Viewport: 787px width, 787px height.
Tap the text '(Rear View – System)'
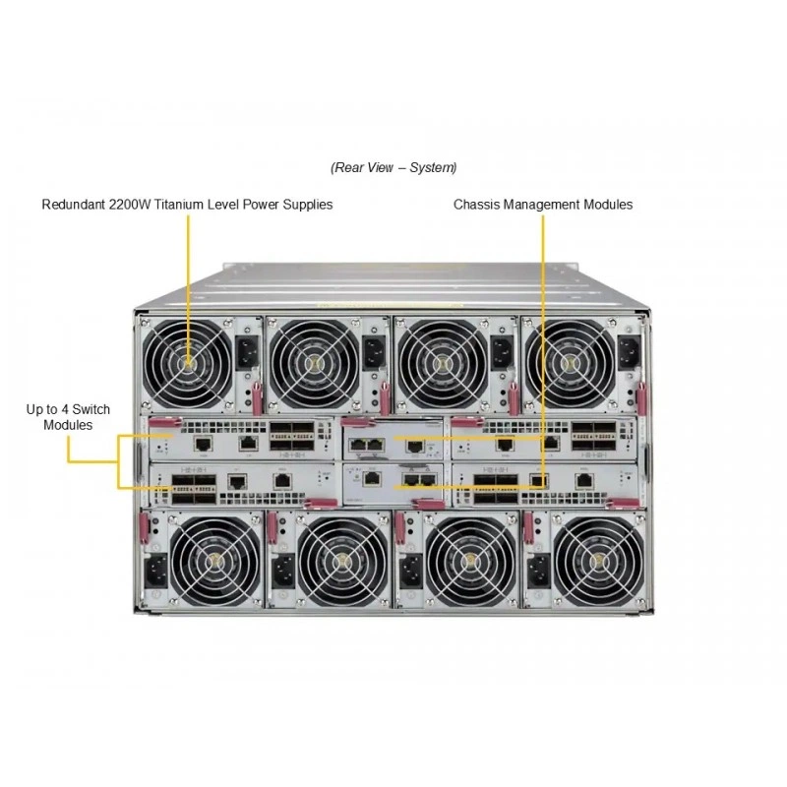tap(393, 167)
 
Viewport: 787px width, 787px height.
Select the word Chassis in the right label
tap(476, 205)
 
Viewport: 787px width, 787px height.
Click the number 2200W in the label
tap(130, 205)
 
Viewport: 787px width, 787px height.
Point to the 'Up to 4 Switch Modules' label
tap(68, 417)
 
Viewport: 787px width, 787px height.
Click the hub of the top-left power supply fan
tap(188, 362)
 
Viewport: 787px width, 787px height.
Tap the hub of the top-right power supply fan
tap(569, 363)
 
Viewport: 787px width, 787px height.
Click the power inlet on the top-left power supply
tap(247, 352)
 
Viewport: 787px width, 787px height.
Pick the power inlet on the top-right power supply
tap(630, 353)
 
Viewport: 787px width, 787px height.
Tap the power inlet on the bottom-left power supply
tap(156, 572)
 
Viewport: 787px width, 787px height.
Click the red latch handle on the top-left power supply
tap(257, 398)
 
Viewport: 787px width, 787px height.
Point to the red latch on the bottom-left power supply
tap(144, 528)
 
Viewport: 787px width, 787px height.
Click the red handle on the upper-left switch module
tap(165, 423)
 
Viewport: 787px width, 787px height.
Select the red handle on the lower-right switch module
tap(623, 503)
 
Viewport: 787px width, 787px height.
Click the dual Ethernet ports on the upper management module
tap(367, 445)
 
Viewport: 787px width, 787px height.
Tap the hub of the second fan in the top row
tap(315, 362)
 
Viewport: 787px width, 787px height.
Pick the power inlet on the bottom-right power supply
tap(538, 572)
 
